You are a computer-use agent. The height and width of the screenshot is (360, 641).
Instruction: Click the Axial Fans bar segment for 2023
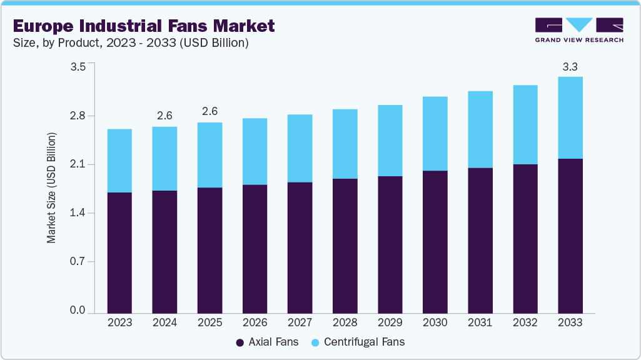coord(119,252)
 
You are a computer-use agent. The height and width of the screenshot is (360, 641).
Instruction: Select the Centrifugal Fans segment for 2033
coord(570,117)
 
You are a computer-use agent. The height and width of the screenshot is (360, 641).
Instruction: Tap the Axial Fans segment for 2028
coord(345,246)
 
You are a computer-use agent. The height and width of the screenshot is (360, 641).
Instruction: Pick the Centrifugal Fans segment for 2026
coord(255,151)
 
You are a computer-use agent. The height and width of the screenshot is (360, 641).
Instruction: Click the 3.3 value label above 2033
coord(570,66)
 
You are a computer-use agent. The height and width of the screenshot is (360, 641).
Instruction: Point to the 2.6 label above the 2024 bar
coord(164,116)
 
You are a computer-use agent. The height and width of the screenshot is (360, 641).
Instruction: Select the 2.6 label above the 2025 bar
coord(209,111)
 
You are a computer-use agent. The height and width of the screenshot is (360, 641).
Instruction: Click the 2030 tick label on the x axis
coord(435,322)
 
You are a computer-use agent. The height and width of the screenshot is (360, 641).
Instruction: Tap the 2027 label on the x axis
coord(300,322)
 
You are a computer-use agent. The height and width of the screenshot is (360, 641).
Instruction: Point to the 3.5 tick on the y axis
coord(78,67)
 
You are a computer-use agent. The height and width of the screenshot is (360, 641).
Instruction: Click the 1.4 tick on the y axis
coord(78,213)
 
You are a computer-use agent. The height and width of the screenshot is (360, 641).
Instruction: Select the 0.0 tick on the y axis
coord(78,311)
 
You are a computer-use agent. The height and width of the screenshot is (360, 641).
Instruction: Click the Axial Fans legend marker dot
coord(240,342)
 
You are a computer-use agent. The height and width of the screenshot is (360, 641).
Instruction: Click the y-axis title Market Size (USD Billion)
coord(52,187)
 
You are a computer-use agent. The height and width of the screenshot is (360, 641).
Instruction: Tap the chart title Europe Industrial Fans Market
coord(143,26)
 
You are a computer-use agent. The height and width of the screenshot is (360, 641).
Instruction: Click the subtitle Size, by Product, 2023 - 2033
coord(131,43)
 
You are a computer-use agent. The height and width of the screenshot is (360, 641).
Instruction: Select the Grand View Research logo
coord(578,29)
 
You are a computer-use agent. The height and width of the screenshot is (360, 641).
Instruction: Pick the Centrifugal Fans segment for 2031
coord(480,129)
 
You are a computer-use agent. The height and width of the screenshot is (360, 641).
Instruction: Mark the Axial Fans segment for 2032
coord(525,239)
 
